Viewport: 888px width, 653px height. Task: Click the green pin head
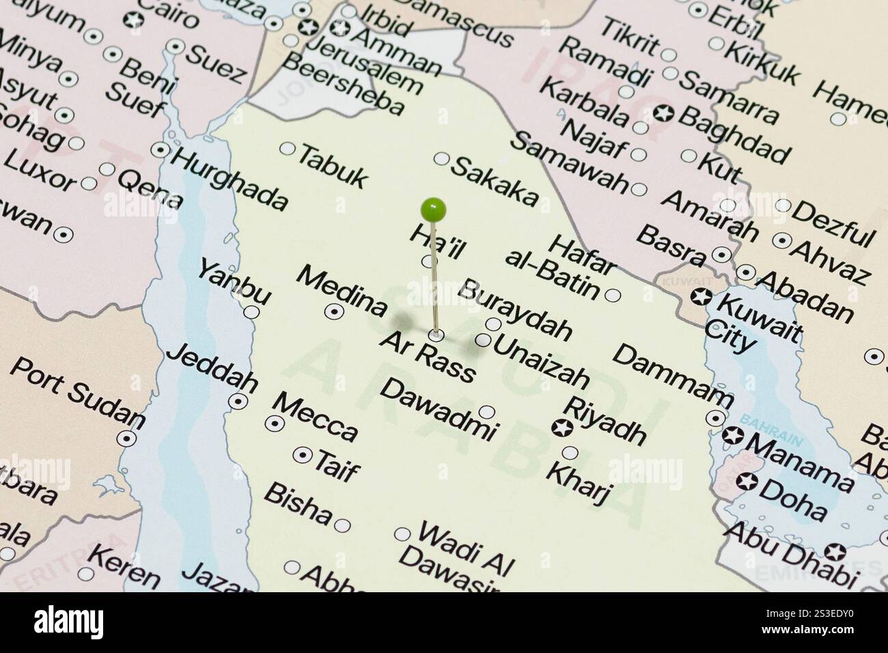pos(433,209)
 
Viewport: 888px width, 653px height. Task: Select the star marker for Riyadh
pos(561,429)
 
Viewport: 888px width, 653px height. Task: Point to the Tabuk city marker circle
pos(288,149)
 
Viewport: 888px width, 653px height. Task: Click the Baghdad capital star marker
pos(662,113)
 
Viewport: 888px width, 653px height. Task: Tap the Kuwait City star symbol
pos(700,297)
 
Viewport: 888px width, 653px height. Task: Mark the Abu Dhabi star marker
pos(834,551)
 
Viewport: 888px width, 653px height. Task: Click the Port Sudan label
pos(78,391)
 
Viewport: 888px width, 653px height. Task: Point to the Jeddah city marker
pos(238,401)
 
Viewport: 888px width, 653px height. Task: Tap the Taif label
pos(336,467)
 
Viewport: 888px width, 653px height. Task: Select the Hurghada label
pos(230,177)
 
